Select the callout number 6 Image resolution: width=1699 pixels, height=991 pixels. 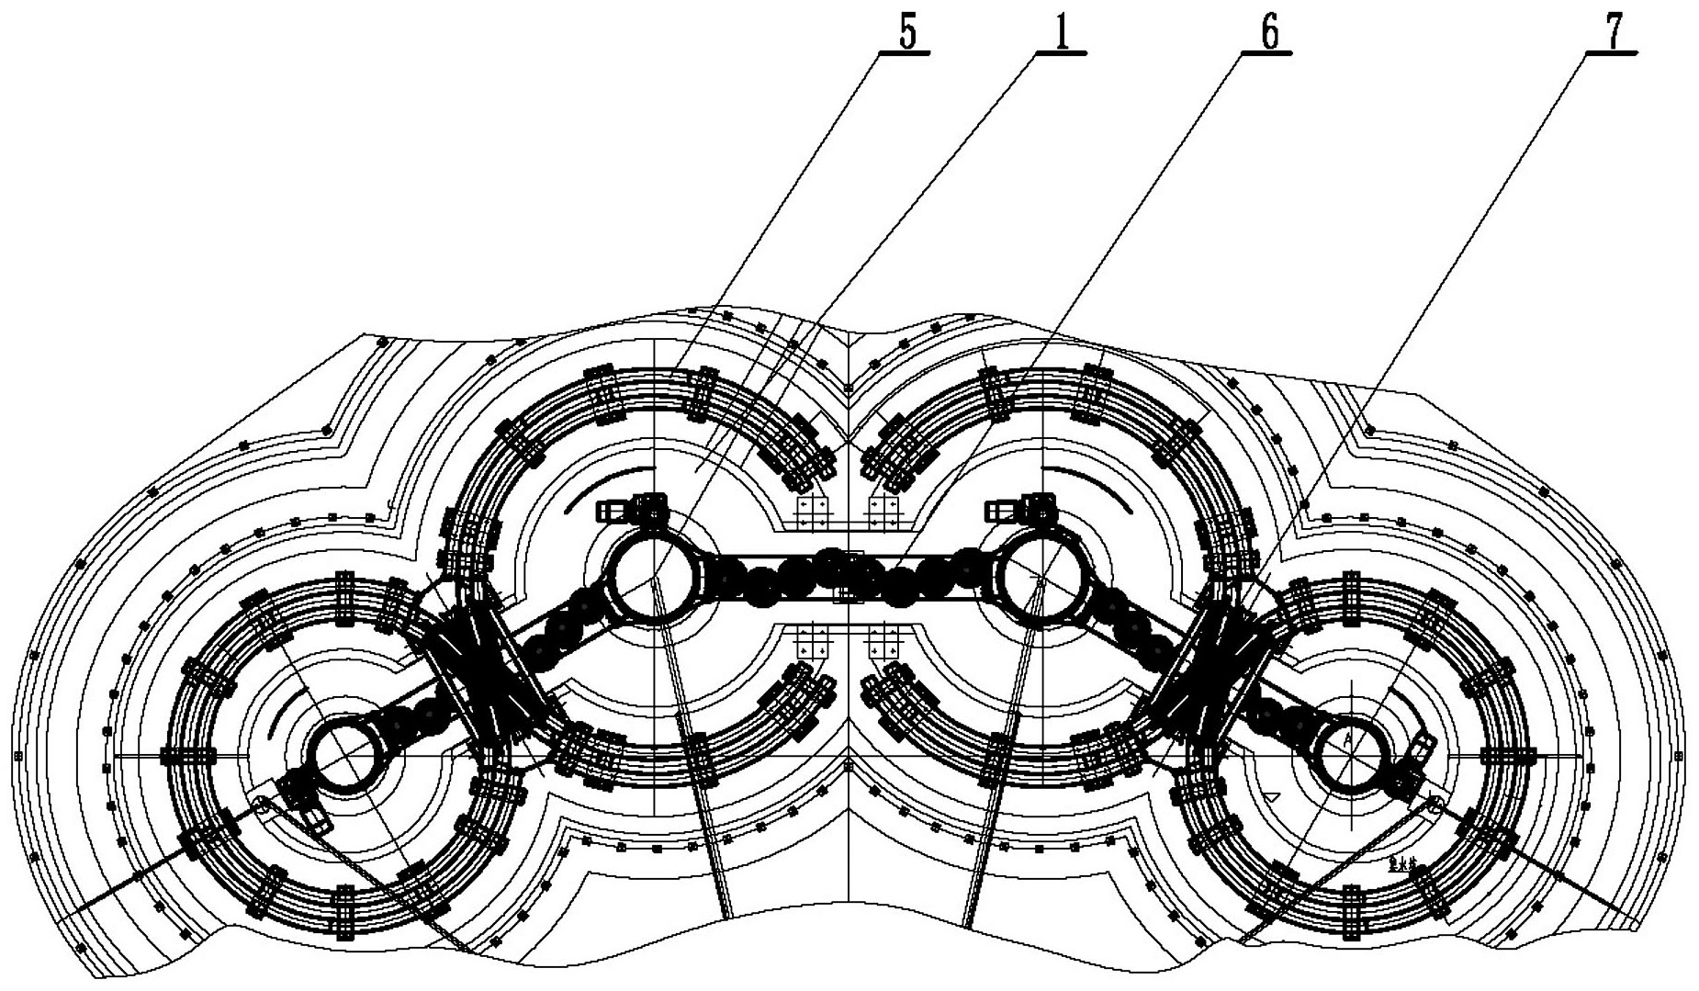[x=1269, y=33]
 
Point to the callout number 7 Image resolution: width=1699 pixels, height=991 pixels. [x=1613, y=33]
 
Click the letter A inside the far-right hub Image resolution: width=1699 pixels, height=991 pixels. [x=1347, y=738]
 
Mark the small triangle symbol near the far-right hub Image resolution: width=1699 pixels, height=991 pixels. [x=1271, y=795]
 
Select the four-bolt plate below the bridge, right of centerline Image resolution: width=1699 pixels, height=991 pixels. [x=884, y=637]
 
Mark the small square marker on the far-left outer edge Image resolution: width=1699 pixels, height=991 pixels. [x=18, y=756]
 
